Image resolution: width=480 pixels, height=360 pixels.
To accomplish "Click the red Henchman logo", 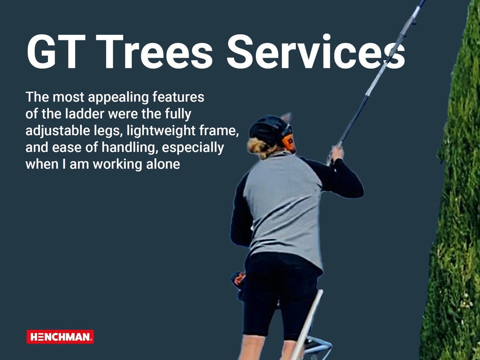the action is pos(60,337).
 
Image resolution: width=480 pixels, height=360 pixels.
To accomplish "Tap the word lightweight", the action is pos(161,131).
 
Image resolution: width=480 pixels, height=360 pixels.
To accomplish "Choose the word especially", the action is pos(193,148).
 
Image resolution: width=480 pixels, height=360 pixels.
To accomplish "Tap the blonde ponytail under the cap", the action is pos(259,148).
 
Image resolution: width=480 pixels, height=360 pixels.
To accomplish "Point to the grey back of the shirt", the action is pos(283,208).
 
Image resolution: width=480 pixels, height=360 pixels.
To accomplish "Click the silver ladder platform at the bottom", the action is pos(317,346).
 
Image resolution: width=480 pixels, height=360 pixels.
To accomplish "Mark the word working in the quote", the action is pos(117,165).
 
